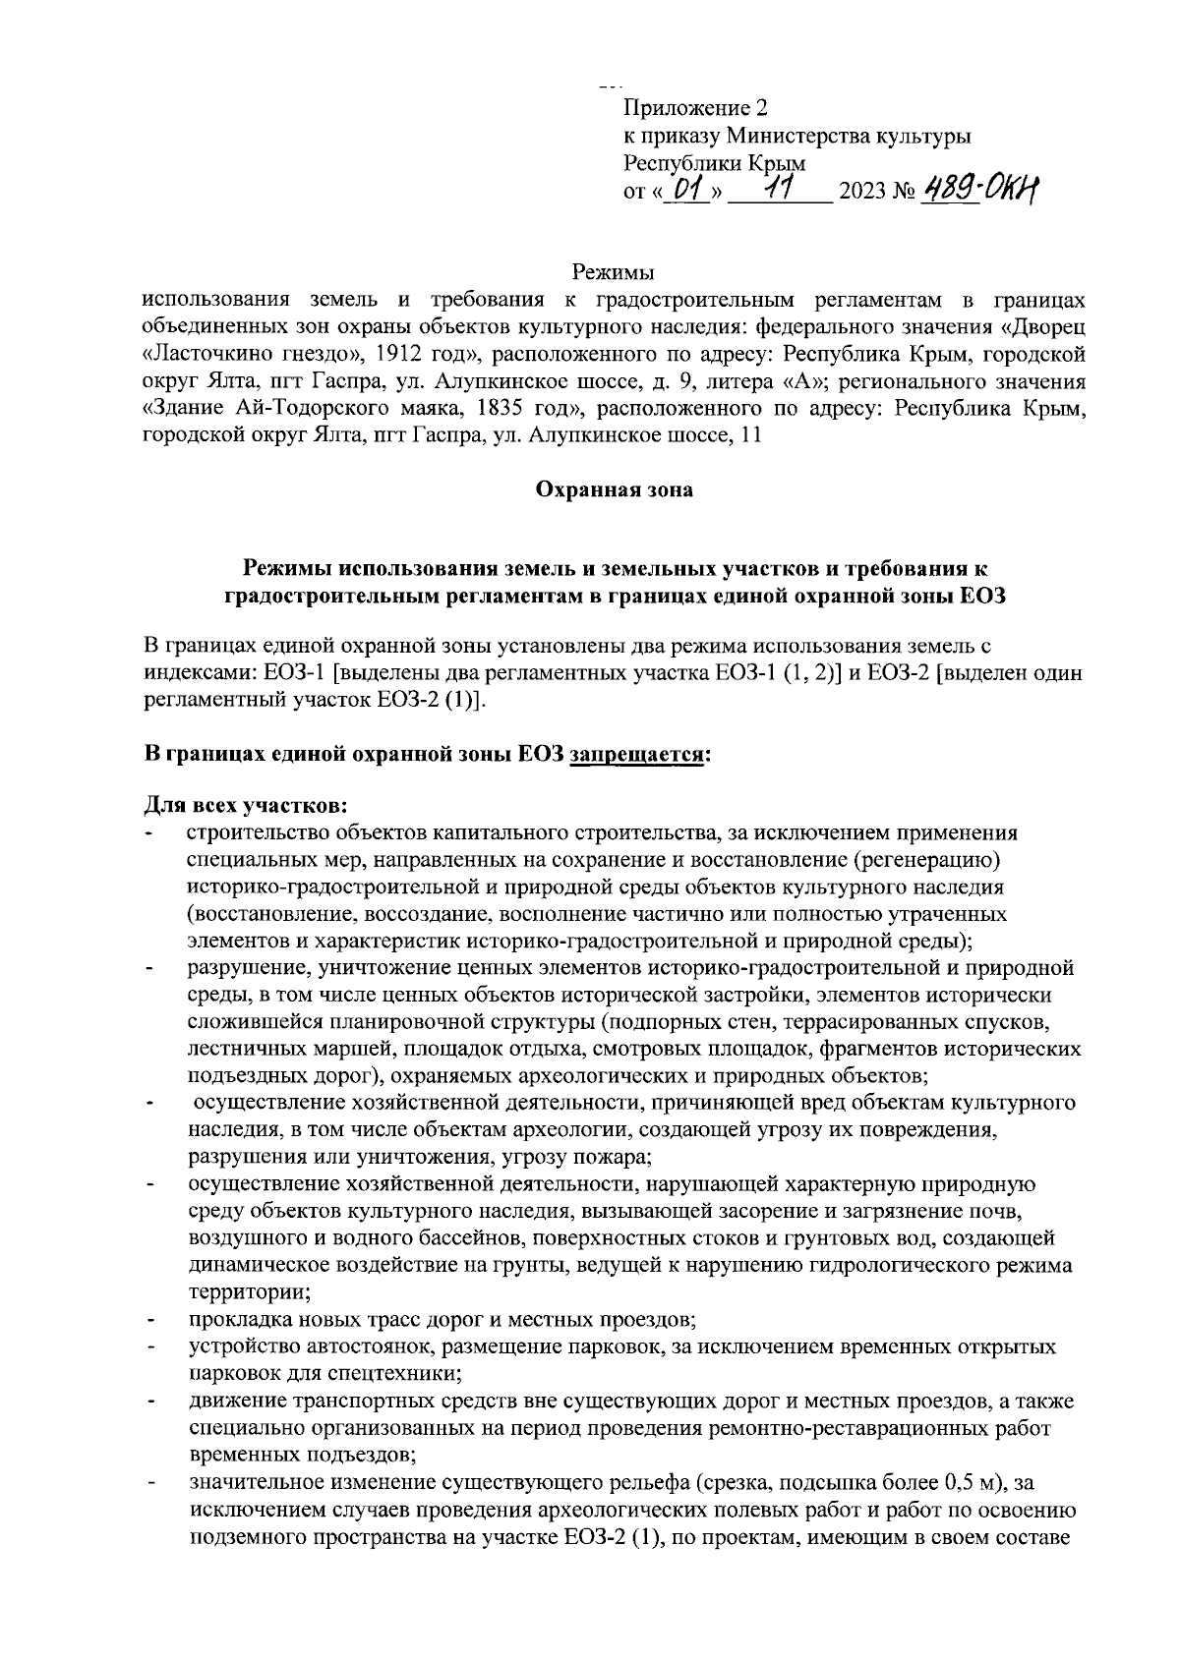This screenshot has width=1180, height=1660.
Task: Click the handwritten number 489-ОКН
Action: [979, 186]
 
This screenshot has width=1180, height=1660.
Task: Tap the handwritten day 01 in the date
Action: [691, 186]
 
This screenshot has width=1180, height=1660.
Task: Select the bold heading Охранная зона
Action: [614, 489]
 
